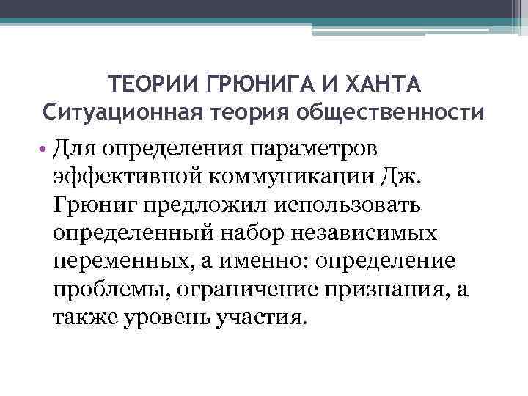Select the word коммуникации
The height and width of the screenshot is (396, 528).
(x=276, y=177)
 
